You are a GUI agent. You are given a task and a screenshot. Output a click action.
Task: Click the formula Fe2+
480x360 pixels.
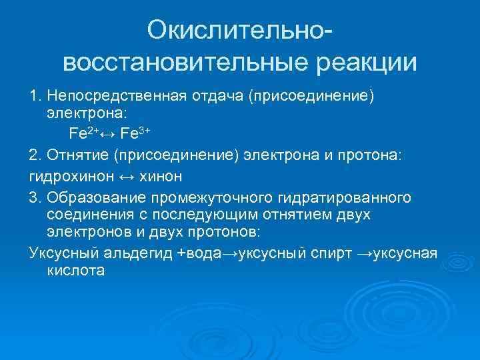pyautogui.click(x=83, y=132)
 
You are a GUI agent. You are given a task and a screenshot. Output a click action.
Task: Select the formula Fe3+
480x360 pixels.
pyautogui.click(x=135, y=132)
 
